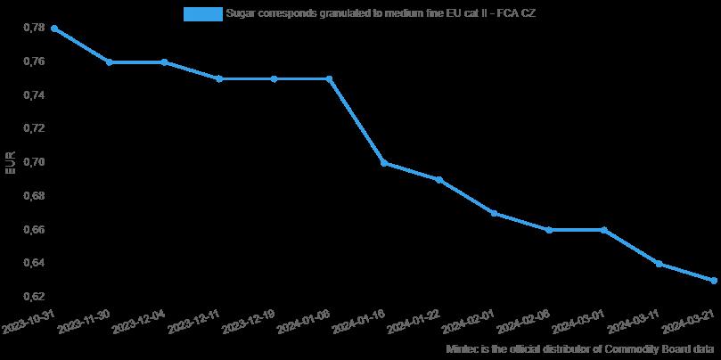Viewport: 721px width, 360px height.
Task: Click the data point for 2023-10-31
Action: point(54,29)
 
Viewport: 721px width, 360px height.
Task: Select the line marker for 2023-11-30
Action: point(109,62)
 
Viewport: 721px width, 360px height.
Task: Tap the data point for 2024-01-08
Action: point(329,78)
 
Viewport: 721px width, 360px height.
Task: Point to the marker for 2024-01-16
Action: point(384,163)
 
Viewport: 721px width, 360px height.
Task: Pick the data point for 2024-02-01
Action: point(494,213)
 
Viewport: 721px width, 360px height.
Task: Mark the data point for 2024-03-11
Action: point(659,264)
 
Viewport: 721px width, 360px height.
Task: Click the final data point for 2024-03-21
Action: point(714,281)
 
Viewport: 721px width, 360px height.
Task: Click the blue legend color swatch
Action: point(202,13)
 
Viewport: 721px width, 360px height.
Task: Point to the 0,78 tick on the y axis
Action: point(32,29)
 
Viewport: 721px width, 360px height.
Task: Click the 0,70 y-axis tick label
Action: point(32,162)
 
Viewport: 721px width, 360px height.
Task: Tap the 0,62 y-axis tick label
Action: point(32,296)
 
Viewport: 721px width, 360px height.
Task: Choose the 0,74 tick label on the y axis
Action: point(32,95)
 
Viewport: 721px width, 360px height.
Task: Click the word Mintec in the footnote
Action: point(461,349)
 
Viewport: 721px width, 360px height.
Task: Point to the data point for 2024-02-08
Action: point(549,230)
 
